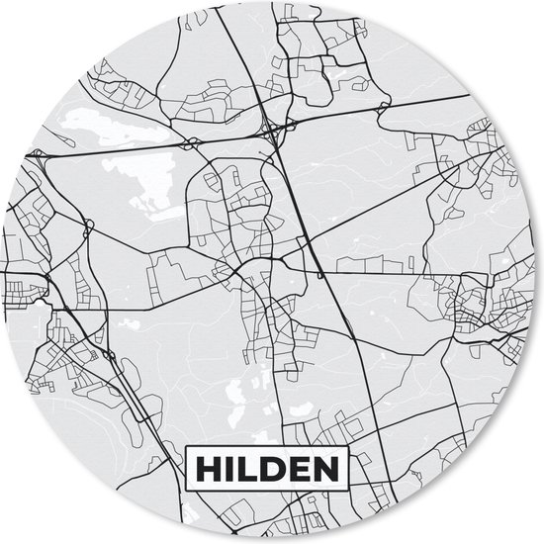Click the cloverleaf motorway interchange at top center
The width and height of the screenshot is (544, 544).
pos(273,129)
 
